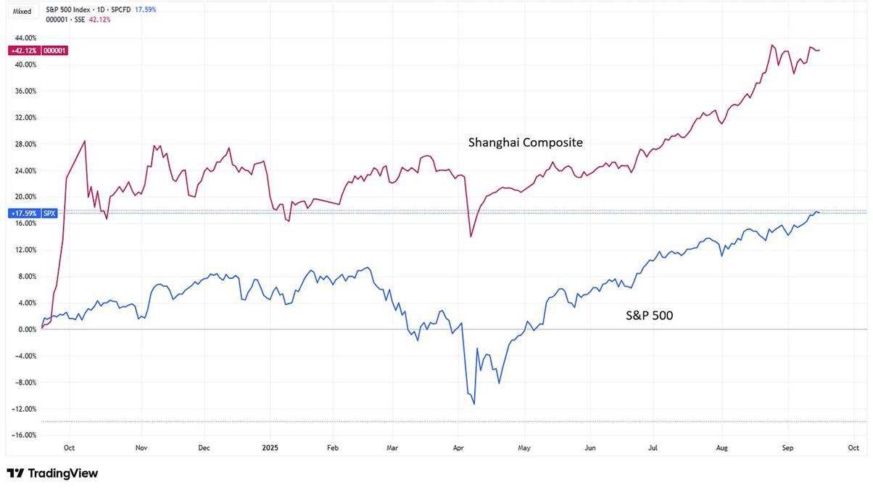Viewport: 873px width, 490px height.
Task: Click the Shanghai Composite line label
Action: (x=525, y=143)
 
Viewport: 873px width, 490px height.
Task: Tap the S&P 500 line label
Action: (x=649, y=315)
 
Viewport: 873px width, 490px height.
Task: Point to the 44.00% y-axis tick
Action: (x=25, y=38)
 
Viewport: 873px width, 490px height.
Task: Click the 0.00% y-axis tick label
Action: (x=26, y=330)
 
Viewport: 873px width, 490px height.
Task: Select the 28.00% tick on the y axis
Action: (x=25, y=144)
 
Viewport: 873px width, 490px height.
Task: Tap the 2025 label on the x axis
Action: (x=270, y=449)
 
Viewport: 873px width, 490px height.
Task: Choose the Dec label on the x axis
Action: (x=204, y=449)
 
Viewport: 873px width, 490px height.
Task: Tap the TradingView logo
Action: (x=52, y=473)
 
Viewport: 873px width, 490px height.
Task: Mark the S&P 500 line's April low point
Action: (x=473, y=404)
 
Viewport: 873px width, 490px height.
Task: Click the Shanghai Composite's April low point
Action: (x=471, y=237)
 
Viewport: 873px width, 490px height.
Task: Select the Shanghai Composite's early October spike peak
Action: (x=86, y=141)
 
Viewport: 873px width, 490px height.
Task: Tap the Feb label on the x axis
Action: (x=332, y=449)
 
